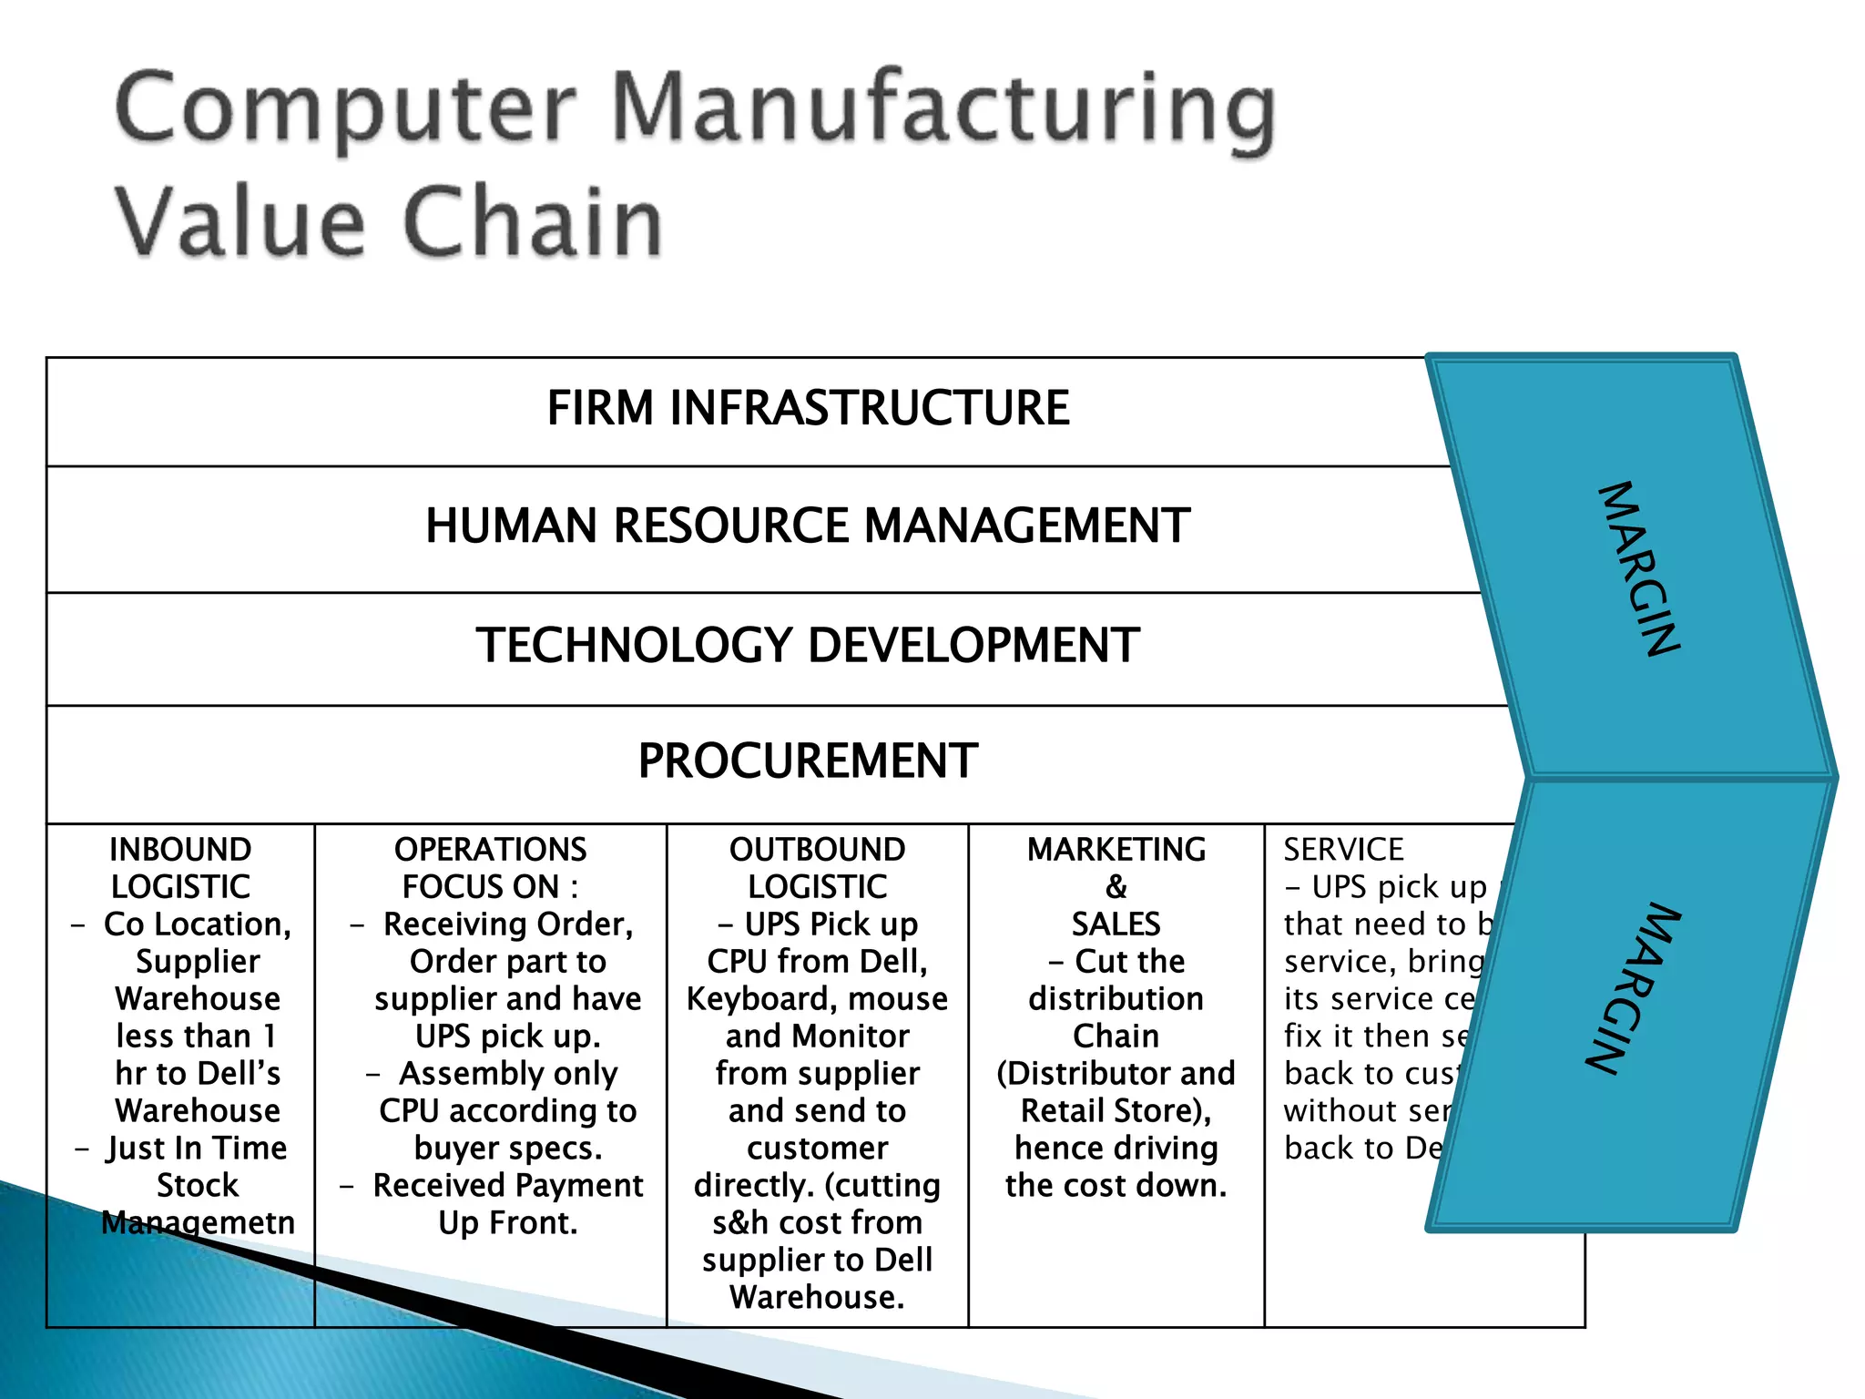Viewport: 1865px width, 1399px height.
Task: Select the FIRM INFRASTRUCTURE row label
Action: tap(808, 408)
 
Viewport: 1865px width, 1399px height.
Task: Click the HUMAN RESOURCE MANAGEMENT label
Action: tap(808, 526)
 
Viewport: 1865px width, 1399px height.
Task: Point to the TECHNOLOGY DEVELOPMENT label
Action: tap(808, 646)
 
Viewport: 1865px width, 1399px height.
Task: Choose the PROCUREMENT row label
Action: tap(808, 761)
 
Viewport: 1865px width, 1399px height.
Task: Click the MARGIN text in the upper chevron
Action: tap(1639, 568)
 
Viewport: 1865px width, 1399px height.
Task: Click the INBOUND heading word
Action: tap(180, 850)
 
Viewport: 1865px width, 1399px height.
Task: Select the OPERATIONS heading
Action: tap(490, 850)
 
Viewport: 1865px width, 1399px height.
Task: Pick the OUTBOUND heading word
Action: tap(817, 850)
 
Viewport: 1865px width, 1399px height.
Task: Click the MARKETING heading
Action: tap(1116, 850)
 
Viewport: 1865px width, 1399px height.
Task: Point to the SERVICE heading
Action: tap(1343, 850)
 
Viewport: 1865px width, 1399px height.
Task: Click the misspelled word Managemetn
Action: tap(198, 1223)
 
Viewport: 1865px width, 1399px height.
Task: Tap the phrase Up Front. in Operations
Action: tap(507, 1223)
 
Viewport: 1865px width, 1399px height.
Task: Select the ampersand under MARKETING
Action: tap(1116, 887)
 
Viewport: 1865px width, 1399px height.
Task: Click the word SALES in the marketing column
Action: tap(1116, 924)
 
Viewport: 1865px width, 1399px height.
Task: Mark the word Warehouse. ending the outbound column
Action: tap(817, 1298)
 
